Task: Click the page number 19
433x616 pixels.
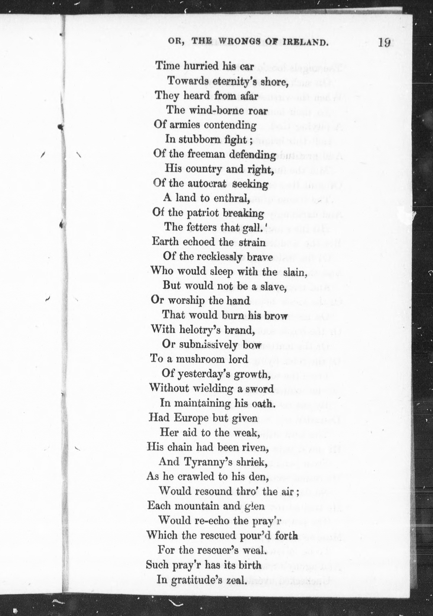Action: pos(384,42)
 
